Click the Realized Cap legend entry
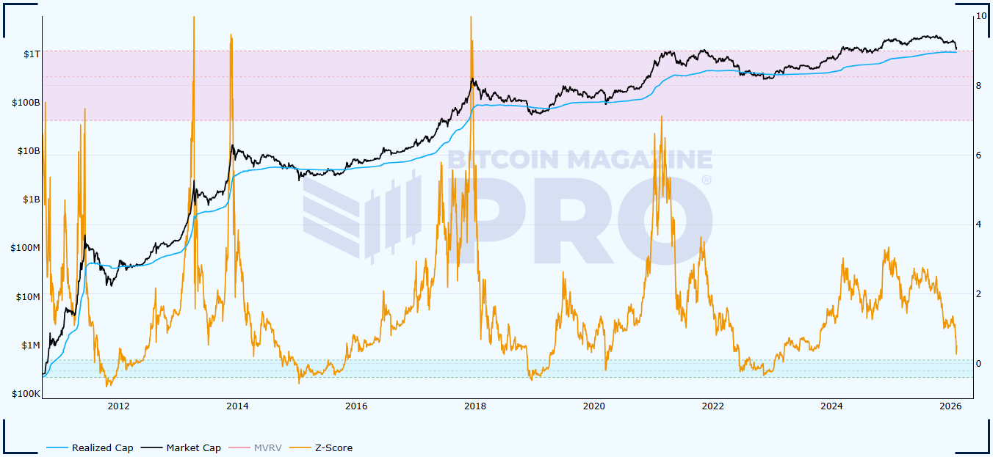pos(102,447)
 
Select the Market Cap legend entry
pos(193,447)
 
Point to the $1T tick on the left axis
pos(32,54)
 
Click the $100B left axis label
pos(26,103)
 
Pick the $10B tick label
pos(29,151)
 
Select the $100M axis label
pos(25,248)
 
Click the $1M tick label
pos(30,346)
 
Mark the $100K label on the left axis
pos(26,394)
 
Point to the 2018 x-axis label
pos(474,406)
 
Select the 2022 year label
pos(712,406)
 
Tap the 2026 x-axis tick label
pos(950,406)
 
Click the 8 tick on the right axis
pos(979,86)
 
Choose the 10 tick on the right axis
pos(981,16)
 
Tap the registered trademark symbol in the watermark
pos(706,180)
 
